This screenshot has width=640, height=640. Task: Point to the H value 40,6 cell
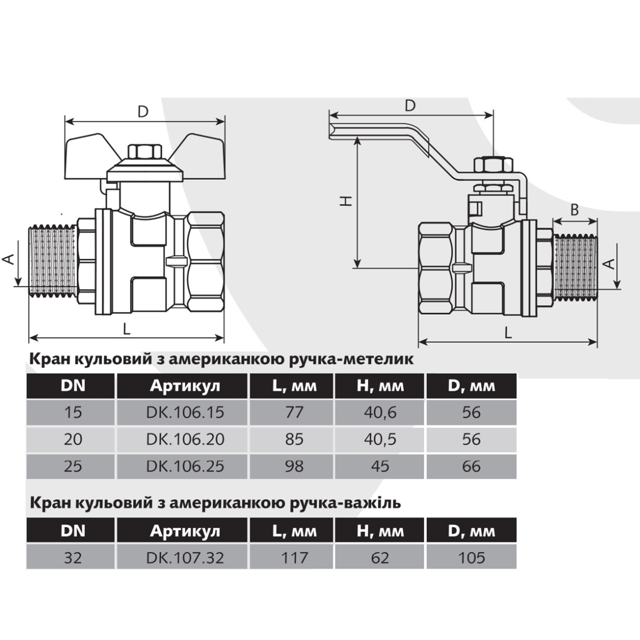coord(380,412)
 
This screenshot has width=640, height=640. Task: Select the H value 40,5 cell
coord(380,439)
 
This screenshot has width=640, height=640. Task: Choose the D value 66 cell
coord(471,466)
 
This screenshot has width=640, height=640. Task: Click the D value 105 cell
coord(471,558)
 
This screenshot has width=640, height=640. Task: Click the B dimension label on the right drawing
coord(574,210)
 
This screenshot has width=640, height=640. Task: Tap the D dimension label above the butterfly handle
coord(143,112)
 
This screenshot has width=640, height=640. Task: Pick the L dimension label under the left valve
coord(126,329)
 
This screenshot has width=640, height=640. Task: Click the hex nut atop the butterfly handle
coord(145,151)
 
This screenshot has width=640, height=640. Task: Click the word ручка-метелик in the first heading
coord(351,359)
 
